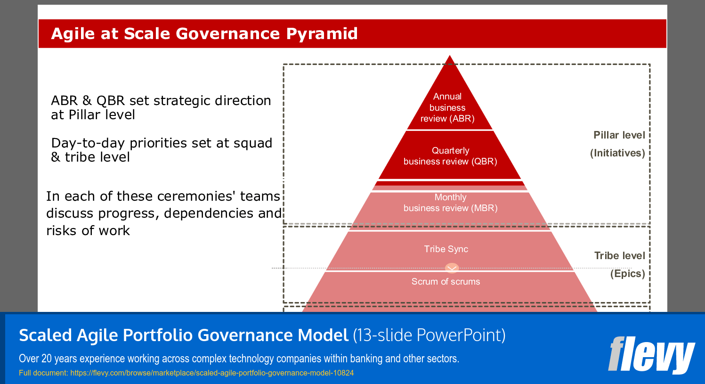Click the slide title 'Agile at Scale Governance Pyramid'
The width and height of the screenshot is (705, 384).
coord(204,34)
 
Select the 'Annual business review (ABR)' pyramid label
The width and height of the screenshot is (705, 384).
coord(447,107)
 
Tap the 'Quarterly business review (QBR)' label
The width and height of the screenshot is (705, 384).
coord(450,156)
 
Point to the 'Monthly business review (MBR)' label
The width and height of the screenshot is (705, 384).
coord(450,203)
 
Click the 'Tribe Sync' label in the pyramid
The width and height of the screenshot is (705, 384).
coord(446,249)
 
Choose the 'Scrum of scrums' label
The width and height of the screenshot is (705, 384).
coord(446,281)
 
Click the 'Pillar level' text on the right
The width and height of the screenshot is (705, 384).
coord(619,135)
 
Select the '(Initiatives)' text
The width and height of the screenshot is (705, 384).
coord(617,153)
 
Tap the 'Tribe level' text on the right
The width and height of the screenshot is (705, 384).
coord(619,256)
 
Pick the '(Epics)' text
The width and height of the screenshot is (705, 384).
coord(627,274)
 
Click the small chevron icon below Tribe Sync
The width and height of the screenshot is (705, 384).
coord(452,269)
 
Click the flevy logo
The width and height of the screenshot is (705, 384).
coord(651,354)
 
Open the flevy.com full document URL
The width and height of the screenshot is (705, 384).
coord(212,373)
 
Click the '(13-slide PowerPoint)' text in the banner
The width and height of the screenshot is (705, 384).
coord(429,335)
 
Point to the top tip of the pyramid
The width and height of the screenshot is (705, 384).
coord(450,57)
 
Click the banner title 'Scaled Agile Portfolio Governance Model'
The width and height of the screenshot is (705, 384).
coord(183,335)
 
